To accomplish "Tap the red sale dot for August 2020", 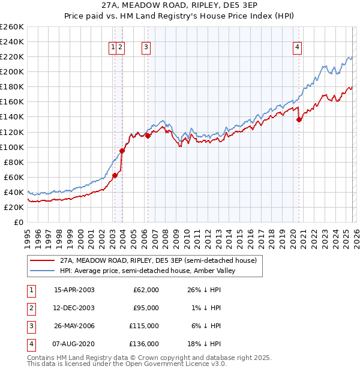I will click(x=299, y=119).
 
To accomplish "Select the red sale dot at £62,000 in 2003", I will click(x=115, y=175).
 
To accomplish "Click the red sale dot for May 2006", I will click(x=148, y=136).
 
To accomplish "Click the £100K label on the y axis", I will click(x=12, y=147).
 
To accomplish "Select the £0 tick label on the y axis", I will click(x=18, y=222).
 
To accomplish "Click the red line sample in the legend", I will click(x=42, y=260).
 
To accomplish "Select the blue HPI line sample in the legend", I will click(x=42, y=271).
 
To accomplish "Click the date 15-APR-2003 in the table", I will click(x=74, y=290).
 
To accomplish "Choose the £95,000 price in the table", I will click(x=146, y=308).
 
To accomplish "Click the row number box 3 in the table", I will click(x=31, y=326).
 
